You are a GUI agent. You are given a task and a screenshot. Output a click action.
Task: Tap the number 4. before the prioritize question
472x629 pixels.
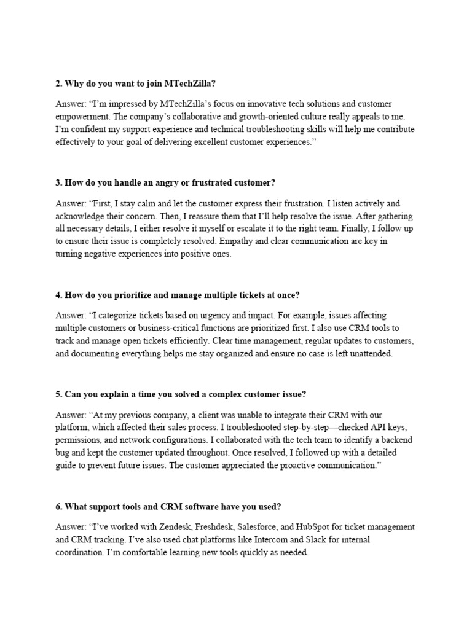click(59, 295)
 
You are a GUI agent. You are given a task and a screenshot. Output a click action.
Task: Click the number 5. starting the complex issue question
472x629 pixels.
click(59, 394)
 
